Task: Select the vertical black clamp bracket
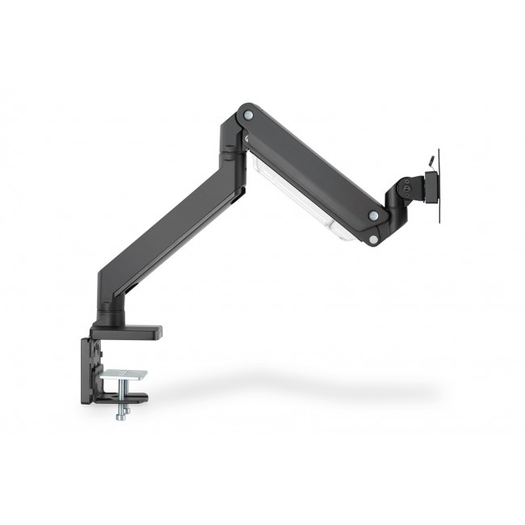(x=88, y=367)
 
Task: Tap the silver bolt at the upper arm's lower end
(x=373, y=216)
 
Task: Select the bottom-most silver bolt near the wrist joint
(x=372, y=240)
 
